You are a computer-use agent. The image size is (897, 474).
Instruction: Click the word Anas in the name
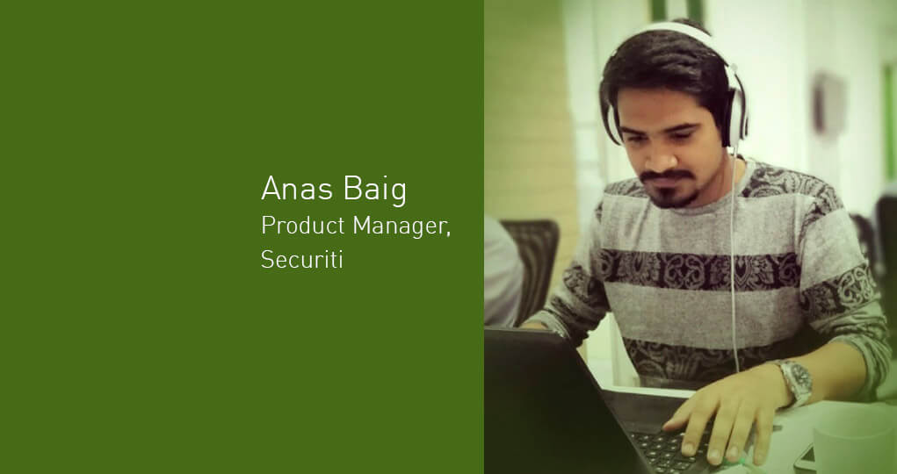click(296, 188)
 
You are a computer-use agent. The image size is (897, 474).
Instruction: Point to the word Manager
click(401, 226)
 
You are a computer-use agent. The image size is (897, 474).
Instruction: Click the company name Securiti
click(302, 259)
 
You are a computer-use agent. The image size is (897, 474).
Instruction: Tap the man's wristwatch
click(796, 381)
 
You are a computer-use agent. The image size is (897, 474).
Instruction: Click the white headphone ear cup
click(737, 109)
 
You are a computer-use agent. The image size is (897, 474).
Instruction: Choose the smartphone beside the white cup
click(805, 457)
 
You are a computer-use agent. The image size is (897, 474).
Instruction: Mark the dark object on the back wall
click(830, 102)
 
